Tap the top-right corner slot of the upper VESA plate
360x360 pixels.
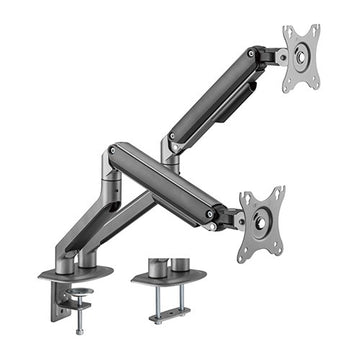[x=315, y=32]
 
